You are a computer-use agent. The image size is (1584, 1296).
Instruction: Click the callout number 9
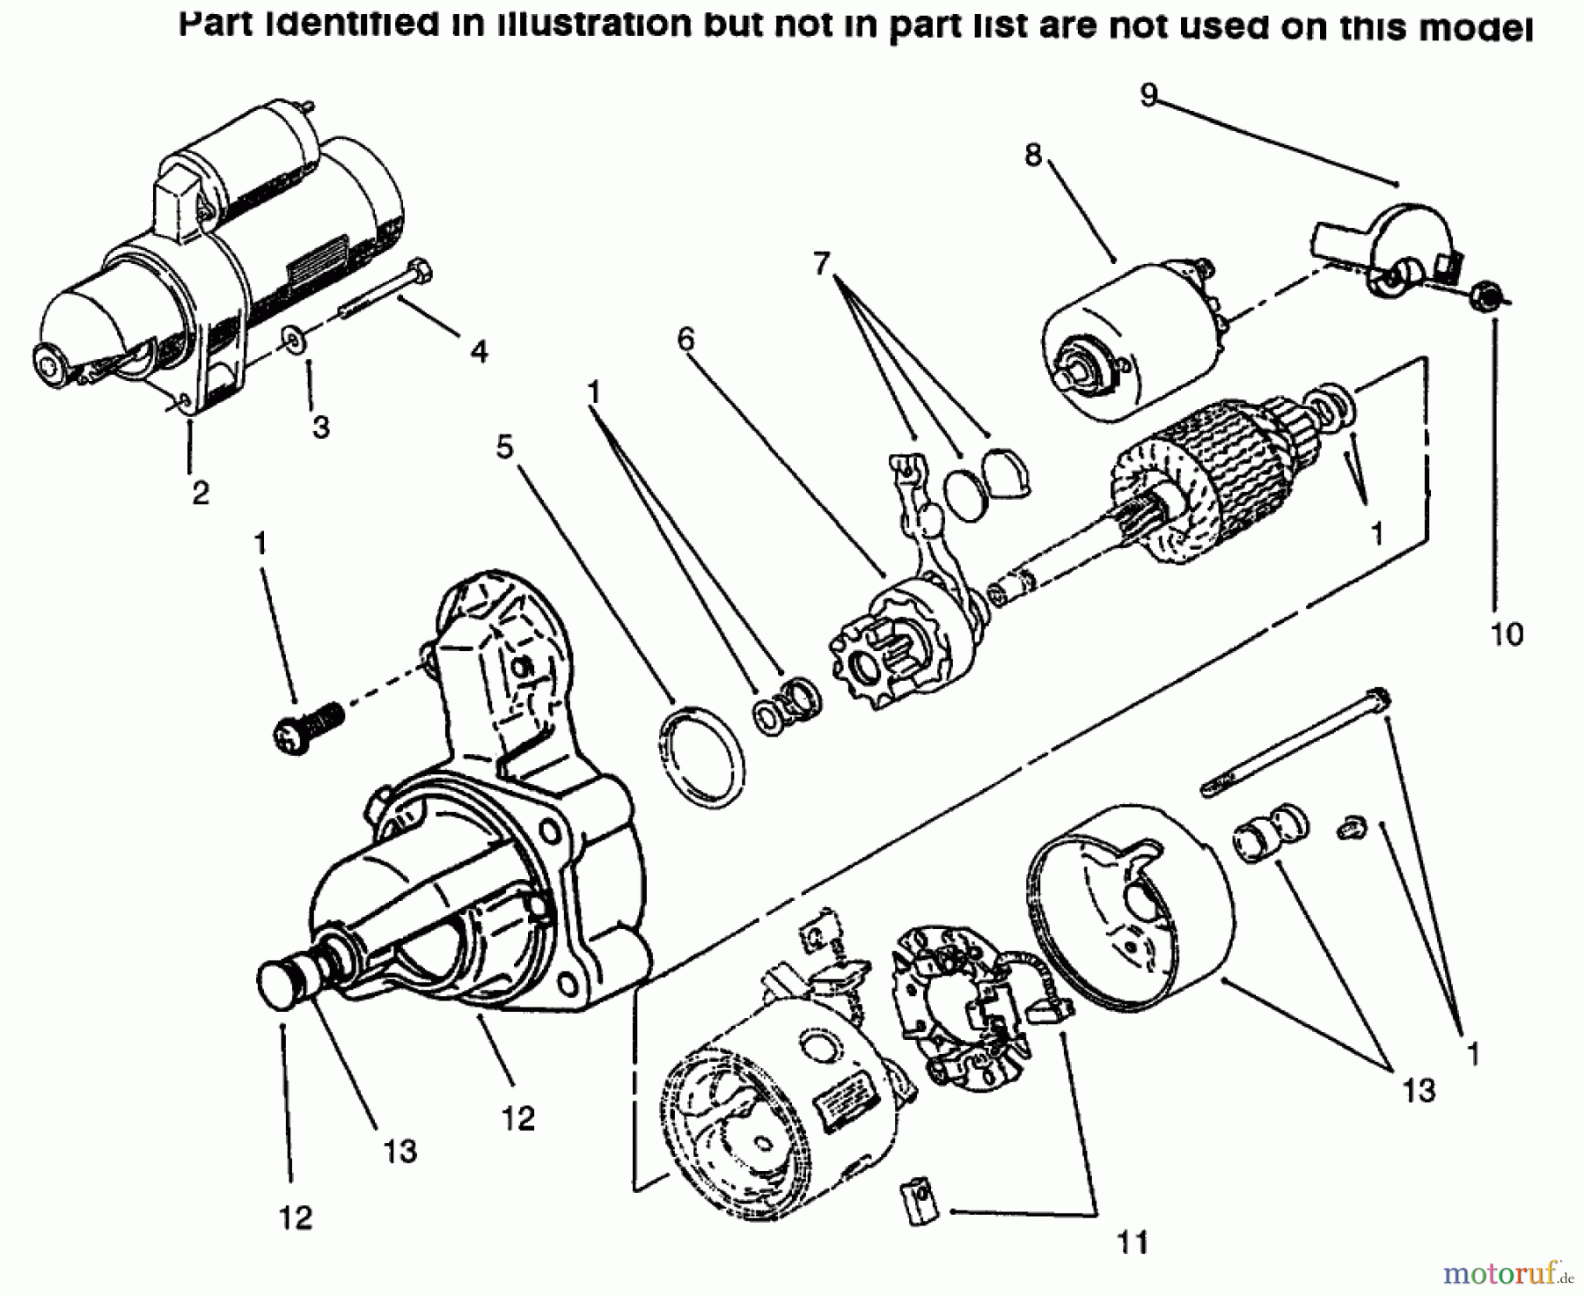[x=1148, y=95]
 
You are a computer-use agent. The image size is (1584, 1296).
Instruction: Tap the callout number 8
[x=1032, y=156]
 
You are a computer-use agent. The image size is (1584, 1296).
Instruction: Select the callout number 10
[x=1507, y=633]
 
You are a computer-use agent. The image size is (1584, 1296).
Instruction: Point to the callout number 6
[x=686, y=339]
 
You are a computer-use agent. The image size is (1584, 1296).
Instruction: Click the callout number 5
[x=504, y=447]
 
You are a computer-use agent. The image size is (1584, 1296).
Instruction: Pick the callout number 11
[x=1133, y=1242]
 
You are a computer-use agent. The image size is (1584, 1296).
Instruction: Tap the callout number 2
[x=201, y=494]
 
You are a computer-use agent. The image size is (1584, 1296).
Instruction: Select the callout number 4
[x=478, y=352]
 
